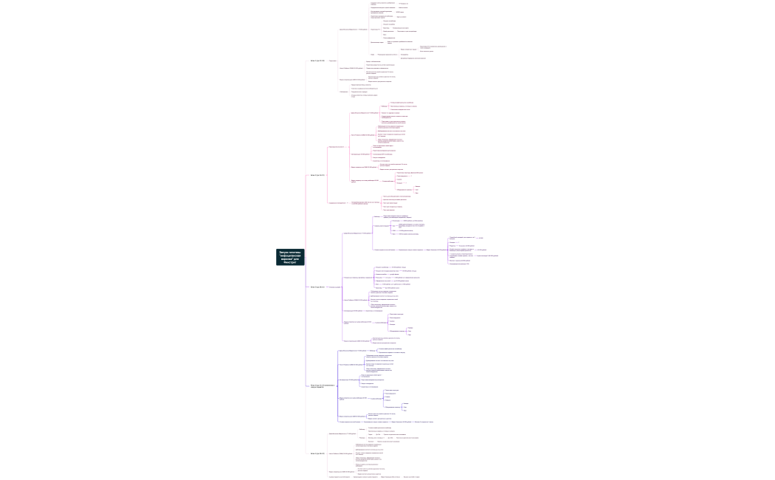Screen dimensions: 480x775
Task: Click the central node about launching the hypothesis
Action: tap(290, 257)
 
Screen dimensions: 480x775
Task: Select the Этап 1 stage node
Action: tap(317, 61)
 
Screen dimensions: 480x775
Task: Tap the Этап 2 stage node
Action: tap(317, 175)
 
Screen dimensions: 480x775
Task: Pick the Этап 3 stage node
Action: tap(317, 287)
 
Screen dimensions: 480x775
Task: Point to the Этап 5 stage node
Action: tap(317, 453)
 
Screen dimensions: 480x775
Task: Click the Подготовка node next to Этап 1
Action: tap(333, 61)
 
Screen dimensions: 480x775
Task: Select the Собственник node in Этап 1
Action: tap(344, 92)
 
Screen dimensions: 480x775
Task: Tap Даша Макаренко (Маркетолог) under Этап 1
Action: tap(353, 30)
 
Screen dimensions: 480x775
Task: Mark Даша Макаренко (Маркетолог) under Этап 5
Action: tap(342, 433)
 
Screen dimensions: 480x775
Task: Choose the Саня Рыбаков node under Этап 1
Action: tap(352, 68)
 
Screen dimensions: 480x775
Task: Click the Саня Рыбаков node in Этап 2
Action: tap(362, 135)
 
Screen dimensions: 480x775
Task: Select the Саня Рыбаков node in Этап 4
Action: tap(351, 365)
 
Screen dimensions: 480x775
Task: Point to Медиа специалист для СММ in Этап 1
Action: tap(352, 79)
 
